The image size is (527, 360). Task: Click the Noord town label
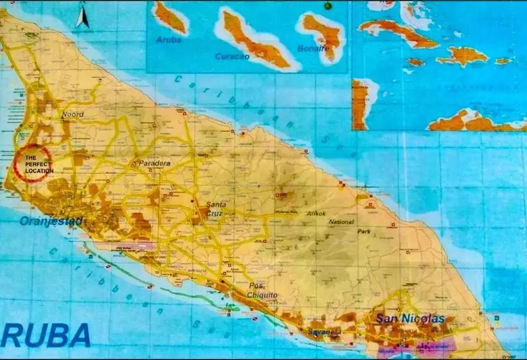click(x=73, y=114)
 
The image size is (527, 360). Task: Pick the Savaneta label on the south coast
click(x=323, y=331)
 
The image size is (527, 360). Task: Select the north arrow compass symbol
click(x=83, y=16)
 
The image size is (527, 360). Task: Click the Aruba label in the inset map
click(x=168, y=40)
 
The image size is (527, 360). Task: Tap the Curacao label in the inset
click(x=232, y=56)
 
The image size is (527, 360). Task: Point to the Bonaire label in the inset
click(x=314, y=48)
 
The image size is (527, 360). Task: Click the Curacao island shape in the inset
click(x=255, y=40)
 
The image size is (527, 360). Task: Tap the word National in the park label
click(x=341, y=222)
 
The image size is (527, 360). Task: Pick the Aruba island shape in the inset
click(x=170, y=17)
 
